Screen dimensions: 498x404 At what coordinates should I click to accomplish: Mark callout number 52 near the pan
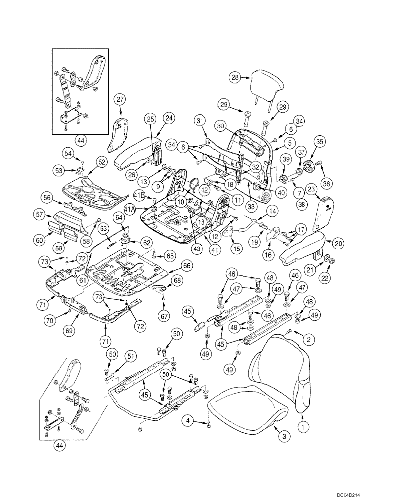click(102, 162)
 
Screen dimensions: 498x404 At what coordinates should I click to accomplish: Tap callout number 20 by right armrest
click(339, 244)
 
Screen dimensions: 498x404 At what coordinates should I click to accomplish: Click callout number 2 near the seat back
click(308, 340)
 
